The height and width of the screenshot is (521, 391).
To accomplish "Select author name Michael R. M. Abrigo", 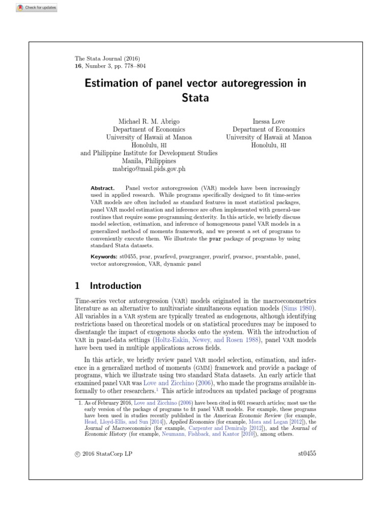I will [x=149, y=122].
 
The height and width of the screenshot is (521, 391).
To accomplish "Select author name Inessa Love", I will [x=268, y=122].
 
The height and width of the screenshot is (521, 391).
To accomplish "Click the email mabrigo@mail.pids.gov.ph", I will [x=149, y=168].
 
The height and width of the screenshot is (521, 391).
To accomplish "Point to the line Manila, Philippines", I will [x=149, y=160].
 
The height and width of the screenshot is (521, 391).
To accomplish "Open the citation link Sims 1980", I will [x=299, y=308].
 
